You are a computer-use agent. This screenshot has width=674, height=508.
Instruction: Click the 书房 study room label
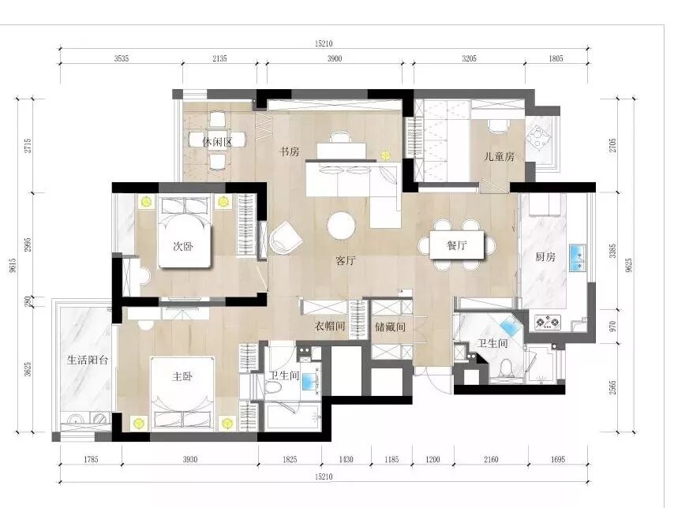point(289,151)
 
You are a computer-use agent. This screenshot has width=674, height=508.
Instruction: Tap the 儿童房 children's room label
point(499,156)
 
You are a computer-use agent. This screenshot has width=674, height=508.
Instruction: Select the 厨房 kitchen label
point(545,257)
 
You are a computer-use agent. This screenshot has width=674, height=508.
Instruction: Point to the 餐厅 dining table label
point(456,245)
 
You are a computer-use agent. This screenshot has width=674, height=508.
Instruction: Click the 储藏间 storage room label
point(391,327)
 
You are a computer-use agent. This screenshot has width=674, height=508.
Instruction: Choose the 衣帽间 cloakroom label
point(330,327)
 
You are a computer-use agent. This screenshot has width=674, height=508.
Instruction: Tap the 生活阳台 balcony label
point(88,360)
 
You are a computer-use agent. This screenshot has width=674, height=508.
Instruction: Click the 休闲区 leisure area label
point(217,142)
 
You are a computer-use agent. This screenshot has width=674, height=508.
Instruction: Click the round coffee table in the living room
point(341,226)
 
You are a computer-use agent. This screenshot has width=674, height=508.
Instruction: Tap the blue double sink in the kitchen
point(578,258)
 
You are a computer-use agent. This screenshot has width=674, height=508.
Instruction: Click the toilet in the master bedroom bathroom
point(272,387)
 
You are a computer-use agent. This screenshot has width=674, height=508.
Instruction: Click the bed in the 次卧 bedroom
point(185,232)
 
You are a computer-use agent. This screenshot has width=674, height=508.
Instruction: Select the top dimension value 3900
point(335,59)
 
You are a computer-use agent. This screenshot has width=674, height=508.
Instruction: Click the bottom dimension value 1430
point(346,459)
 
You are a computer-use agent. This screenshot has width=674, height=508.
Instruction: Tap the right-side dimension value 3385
point(612,251)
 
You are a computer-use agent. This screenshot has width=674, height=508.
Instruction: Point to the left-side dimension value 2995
point(28,245)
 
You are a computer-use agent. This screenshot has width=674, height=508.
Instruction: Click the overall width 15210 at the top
point(324,43)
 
